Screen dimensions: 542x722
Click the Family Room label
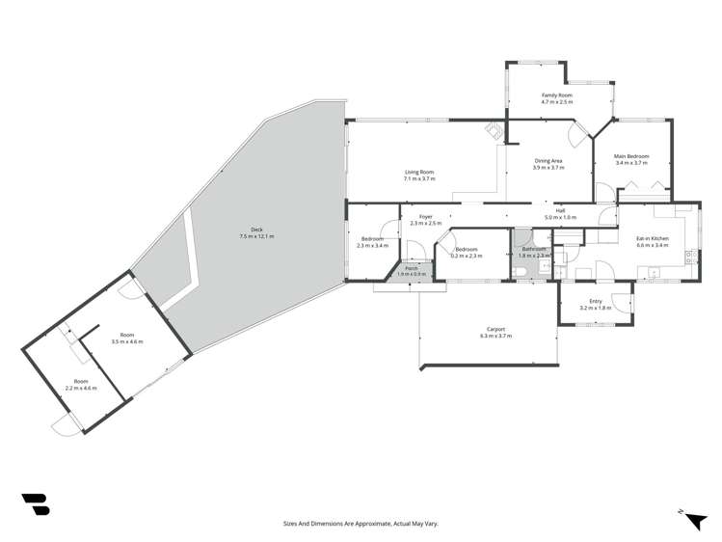557,95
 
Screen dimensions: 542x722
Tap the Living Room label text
419,172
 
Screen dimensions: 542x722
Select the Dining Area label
548,161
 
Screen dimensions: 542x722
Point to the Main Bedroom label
631,156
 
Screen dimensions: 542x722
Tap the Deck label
256,230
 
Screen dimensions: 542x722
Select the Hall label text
559,210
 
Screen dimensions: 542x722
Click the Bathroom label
535,250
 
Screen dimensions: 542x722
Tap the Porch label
412,268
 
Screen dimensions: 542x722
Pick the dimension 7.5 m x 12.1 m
256,236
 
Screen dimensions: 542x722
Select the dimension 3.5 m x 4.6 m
126,341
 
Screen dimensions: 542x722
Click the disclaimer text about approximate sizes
361,523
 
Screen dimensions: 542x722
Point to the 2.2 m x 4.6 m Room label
81,384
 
